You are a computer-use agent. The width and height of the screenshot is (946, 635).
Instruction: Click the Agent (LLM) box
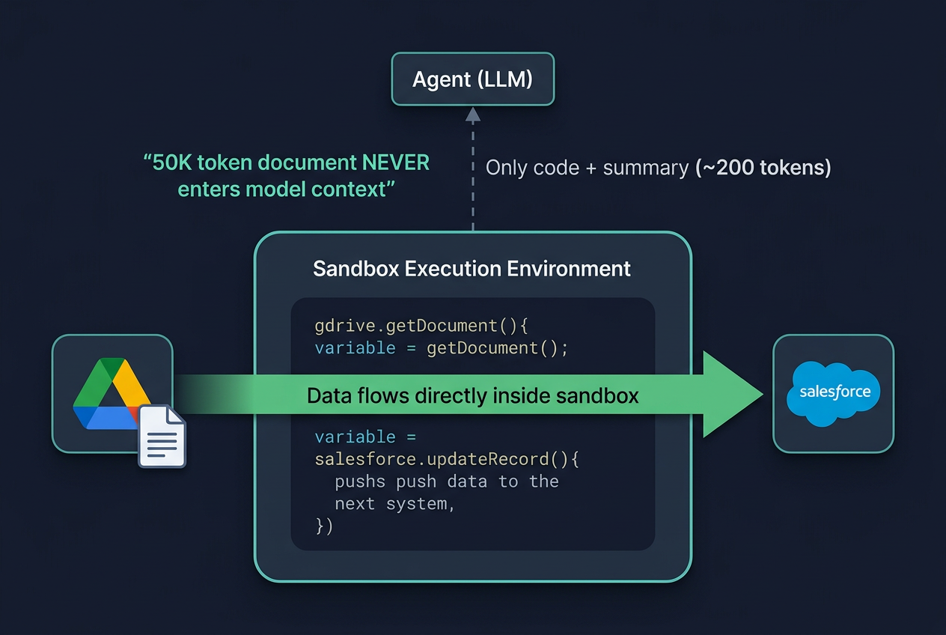[473, 79]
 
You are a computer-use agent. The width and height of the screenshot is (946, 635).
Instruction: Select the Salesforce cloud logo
[834, 393]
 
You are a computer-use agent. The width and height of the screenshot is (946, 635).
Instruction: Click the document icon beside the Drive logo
[162, 437]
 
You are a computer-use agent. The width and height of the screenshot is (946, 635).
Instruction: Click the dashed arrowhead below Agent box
[473, 115]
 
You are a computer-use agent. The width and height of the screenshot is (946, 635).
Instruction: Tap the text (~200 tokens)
[763, 168]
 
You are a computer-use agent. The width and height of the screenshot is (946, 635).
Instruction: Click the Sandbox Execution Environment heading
[472, 269]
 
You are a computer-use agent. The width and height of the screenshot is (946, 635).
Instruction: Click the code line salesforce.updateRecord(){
[447, 459]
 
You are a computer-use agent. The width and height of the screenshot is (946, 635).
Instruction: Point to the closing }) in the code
[324, 526]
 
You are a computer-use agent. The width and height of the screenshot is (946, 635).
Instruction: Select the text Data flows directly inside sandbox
[472, 395]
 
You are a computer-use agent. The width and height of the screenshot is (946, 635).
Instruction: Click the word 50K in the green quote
[171, 163]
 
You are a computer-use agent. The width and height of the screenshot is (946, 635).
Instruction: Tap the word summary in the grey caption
[646, 168]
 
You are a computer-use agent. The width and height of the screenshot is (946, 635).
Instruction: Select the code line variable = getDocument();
[442, 348]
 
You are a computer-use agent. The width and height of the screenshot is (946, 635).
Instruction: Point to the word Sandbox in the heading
[355, 269]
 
